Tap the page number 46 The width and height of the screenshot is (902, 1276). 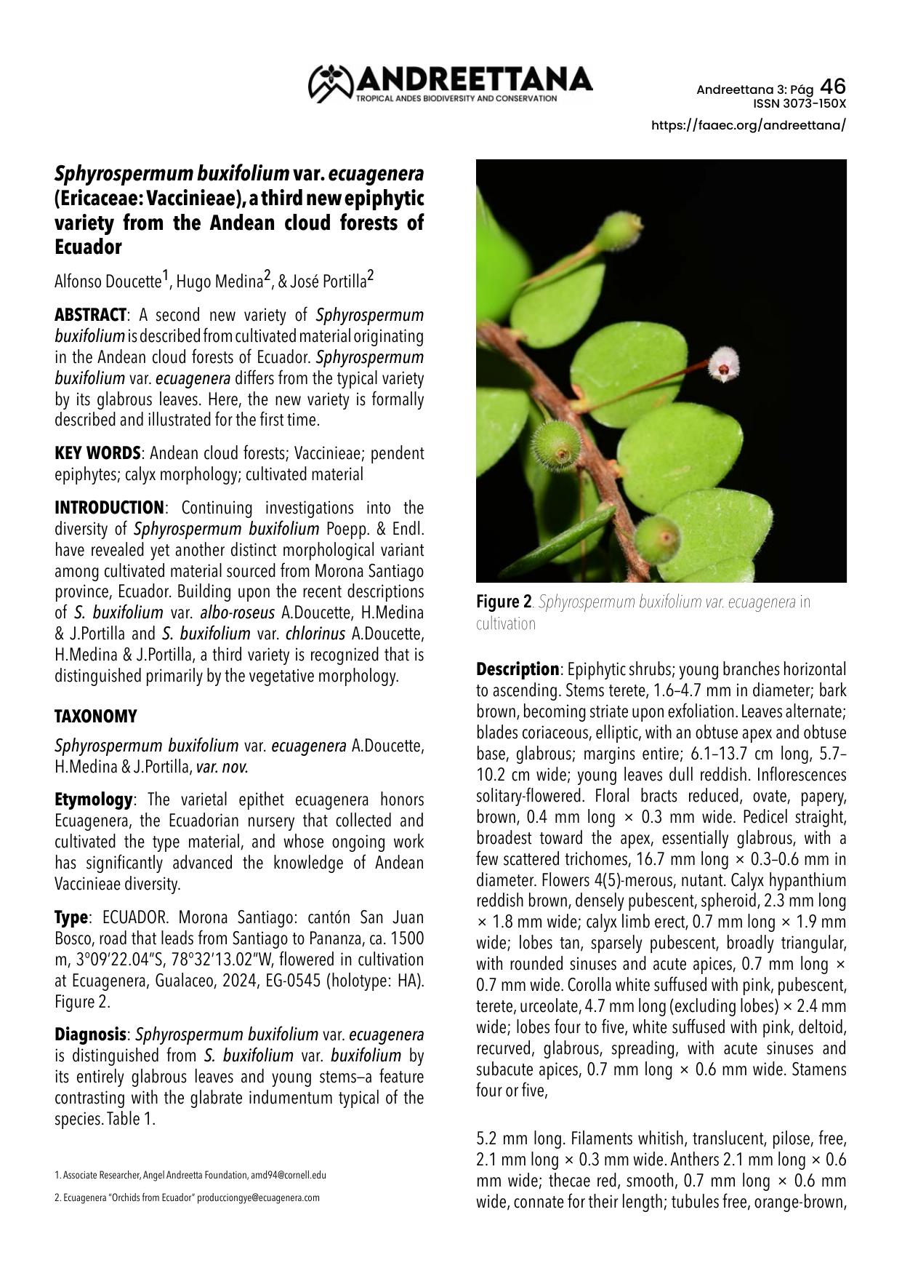tap(833, 87)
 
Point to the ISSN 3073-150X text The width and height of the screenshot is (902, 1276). tap(800, 103)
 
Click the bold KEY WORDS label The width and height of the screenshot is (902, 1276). tap(97, 453)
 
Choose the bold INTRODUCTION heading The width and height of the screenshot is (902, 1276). tap(110, 507)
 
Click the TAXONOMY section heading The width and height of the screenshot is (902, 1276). tap(96, 717)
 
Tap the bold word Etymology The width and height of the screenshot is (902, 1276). tap(93, 800)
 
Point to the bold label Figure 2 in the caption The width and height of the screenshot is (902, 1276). tap(504, 602)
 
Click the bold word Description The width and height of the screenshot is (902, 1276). tap(517, 669)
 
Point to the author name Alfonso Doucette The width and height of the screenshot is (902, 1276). tap(108, 282)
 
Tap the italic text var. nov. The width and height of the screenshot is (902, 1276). tap(222, 767)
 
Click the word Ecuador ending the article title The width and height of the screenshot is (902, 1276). tap(88, 247)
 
